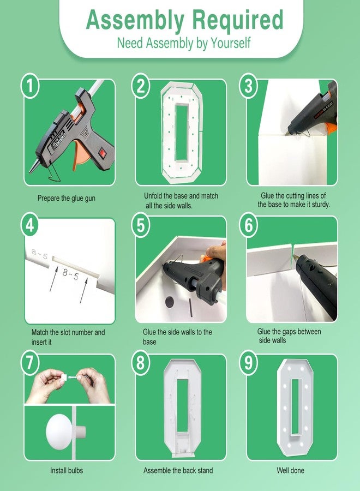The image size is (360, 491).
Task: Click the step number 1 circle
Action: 30,86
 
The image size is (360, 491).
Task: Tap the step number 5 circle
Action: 141,225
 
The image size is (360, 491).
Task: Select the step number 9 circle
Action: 249,363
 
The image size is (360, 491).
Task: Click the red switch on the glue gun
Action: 102,153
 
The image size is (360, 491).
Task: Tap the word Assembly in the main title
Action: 135,21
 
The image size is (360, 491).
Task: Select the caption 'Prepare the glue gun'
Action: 67,199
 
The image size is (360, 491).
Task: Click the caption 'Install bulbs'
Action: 67,470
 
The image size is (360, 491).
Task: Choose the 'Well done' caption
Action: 291,470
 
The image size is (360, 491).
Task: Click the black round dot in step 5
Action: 169,302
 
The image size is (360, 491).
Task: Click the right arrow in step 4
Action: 83,290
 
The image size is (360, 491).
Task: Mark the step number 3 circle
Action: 249,86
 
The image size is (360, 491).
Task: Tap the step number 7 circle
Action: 30,363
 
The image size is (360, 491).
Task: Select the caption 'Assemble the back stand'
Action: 178,470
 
